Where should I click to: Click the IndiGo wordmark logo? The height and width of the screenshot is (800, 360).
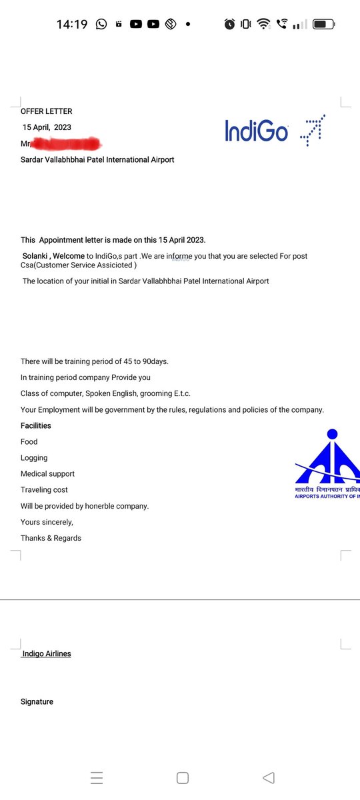[257, 131]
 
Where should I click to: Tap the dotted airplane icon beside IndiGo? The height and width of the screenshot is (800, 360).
[313, 130]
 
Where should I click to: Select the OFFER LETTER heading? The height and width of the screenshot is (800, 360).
[47, 111]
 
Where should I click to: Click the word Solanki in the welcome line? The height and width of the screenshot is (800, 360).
[36, 256]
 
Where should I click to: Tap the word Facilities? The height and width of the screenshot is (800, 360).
[36, 425]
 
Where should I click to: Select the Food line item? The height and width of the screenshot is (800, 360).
[29, 441]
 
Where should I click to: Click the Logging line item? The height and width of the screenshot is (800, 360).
[34, 457]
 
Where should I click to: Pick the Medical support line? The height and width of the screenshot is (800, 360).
[47, 473]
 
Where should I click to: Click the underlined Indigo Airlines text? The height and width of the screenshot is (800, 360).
[47, 653]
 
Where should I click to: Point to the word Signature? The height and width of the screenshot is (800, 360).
[37, 701]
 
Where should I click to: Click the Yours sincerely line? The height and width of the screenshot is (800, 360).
[47, 522]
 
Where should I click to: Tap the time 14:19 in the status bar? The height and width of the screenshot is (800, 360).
[72, 24]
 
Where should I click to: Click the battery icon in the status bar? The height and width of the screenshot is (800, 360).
[324, 24]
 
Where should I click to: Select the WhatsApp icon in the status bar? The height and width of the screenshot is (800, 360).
[101, 24]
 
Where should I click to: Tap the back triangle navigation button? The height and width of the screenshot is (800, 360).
[269, 777]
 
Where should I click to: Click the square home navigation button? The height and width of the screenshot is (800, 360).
[183, 777]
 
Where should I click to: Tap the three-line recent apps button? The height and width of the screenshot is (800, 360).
[97, 777]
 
